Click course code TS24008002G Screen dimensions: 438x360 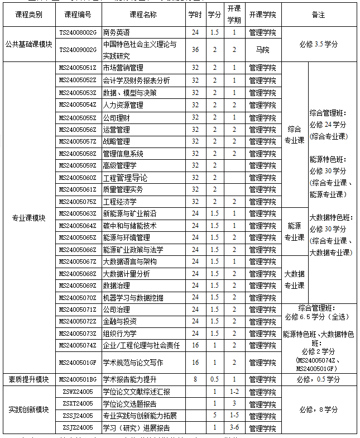pos(78,33)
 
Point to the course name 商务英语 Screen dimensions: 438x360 pos(117,33)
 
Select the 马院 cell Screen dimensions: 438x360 pos(262,50)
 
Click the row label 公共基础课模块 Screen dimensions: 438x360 pos(28,43)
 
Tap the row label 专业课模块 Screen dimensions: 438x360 pos(28,218)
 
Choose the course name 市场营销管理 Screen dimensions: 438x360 pos(123,68)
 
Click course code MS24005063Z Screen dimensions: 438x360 pos(78,214)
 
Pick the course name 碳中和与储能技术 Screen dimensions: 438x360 pos(130,226)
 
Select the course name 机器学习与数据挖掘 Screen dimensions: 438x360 pos(133,298)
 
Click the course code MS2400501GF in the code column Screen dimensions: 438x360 pos(78,362)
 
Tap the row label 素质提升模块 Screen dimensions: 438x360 pos(28,379)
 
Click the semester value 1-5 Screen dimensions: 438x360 pos(234,416)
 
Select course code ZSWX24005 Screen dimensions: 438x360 pos(78,392)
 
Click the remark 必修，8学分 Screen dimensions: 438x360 pos(318,410)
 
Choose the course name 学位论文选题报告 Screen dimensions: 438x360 pos(130,404)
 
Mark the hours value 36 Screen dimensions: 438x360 pos(195,50)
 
